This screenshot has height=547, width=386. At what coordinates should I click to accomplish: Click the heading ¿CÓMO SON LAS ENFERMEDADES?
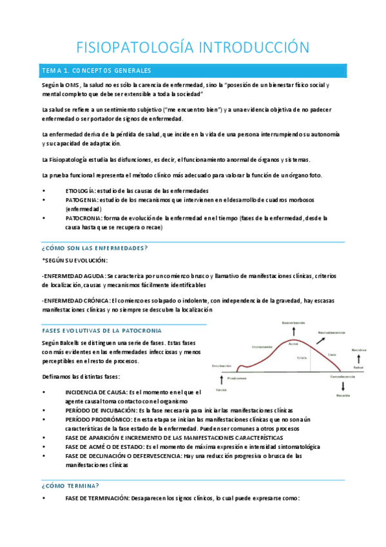click(x=95, y=248)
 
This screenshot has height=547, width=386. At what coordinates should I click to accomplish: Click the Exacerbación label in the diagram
click(x=293, y=322)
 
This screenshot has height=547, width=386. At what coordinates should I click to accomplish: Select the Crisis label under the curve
click(x=302, y=357)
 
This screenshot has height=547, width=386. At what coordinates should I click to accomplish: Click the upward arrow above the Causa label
click(x=221, y=380)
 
